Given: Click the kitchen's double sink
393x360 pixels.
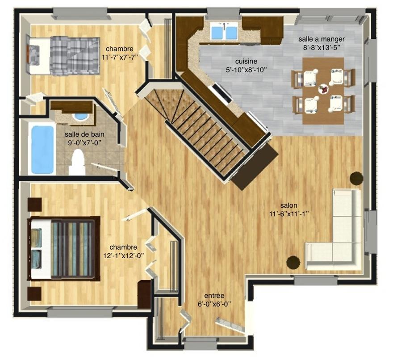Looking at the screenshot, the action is tap(224, 31).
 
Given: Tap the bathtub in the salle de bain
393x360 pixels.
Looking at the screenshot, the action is tap(42, 149).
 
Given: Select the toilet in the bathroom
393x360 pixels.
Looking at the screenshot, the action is tap(77, 162).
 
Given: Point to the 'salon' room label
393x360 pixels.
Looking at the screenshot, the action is tap(289, 205).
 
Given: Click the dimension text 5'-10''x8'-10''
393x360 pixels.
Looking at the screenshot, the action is tap(246, 70).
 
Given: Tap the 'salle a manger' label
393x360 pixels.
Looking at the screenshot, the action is tap(321, 39).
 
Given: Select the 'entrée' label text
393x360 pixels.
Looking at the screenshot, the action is tap(214, 296).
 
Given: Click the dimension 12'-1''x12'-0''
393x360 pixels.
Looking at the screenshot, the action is tap(124, 255).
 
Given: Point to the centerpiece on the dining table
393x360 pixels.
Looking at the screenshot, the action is tap(323, 89).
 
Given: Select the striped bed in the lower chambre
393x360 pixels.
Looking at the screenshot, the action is tap(64, 248).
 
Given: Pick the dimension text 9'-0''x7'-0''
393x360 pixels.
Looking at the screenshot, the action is tap(84, 143).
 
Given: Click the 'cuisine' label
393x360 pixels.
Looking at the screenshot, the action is tap(246, 62).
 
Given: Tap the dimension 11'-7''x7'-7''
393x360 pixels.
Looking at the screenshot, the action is tap(120, 57).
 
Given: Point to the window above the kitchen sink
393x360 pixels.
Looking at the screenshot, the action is tap(224, 13).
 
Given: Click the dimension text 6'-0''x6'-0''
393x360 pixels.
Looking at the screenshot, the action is tap(214, 304).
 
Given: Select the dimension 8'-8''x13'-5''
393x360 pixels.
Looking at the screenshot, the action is tap(321, 48).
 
